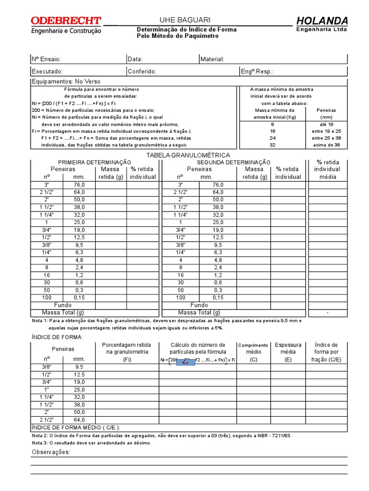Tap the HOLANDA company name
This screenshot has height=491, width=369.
(x=321, y=21)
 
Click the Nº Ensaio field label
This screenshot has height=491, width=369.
(x=46, y=59)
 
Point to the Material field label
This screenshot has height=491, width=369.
(x=212, y=59)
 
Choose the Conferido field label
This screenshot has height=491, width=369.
(x=142, y=71)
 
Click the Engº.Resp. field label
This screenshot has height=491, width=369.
(x=257, y=71)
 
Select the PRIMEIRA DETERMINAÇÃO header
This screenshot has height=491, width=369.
(x=95, y=163)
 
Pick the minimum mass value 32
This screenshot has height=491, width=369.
(x=272, y=144)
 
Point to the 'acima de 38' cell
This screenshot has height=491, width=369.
(x=326, y=144)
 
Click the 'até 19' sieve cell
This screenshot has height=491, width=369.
(x=326, y=124)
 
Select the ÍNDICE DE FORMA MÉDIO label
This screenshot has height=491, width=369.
(x=76, y=427)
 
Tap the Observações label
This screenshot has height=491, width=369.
(x=50, y=452)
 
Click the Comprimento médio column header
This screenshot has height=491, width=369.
(x=253, y=349)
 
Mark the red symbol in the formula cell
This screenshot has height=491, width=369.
(x=185, y=362)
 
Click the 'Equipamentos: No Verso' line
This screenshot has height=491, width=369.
(x=66, y=82)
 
